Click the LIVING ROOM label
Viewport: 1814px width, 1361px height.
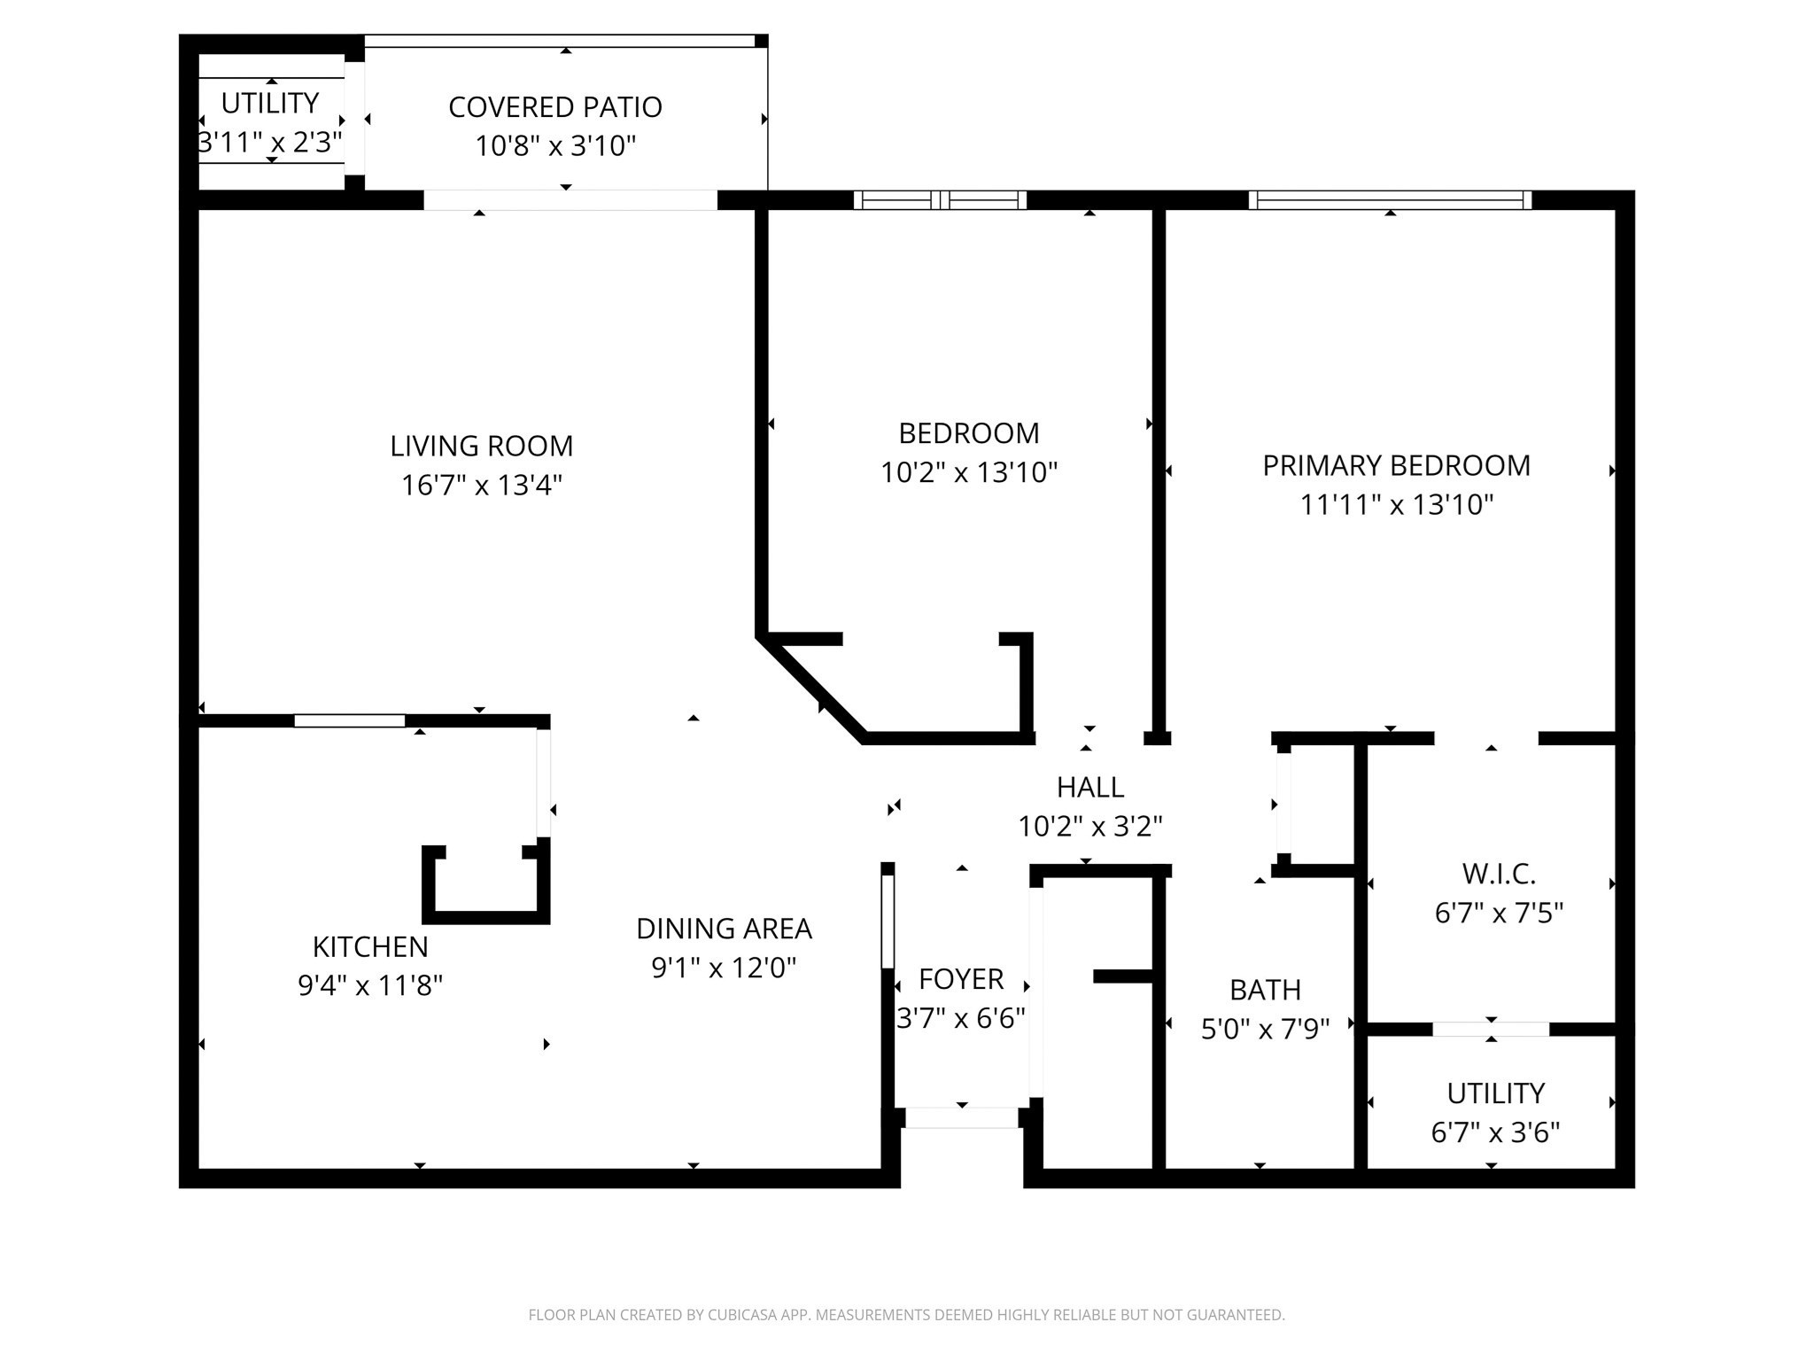tap(481, 446)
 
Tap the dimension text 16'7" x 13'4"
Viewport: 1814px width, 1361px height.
tap(481, 486)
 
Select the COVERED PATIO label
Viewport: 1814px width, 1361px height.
tap(554, 107)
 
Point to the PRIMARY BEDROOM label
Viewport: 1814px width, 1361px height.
tap(1396, 465)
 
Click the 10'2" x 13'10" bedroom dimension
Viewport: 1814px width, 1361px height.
tap(968, 473)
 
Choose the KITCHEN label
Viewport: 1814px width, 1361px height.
tap(370, 946)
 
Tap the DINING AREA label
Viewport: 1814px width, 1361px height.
tap(724, 929)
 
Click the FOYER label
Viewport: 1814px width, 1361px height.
tap(961, 979)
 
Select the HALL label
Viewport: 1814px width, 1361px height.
tap(1089, 787)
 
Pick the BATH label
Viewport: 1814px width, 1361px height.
tap(1265, 990)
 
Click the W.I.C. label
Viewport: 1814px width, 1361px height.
tap(1499, 874)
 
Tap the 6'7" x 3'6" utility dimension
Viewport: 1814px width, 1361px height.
tap(1495, 1132)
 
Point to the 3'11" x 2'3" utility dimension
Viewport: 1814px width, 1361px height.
tap(269, 142)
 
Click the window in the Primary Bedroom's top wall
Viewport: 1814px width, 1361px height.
tap(1390, 200)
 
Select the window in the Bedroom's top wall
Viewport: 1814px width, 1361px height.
tap(940, 200)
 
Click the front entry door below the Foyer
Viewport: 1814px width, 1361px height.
tap(961, 1118)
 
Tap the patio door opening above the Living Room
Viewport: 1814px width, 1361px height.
tap(570, 200)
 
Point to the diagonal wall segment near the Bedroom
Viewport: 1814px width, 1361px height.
tap(810, 689)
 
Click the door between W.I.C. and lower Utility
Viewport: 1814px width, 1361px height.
tap(1491, 1029)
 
